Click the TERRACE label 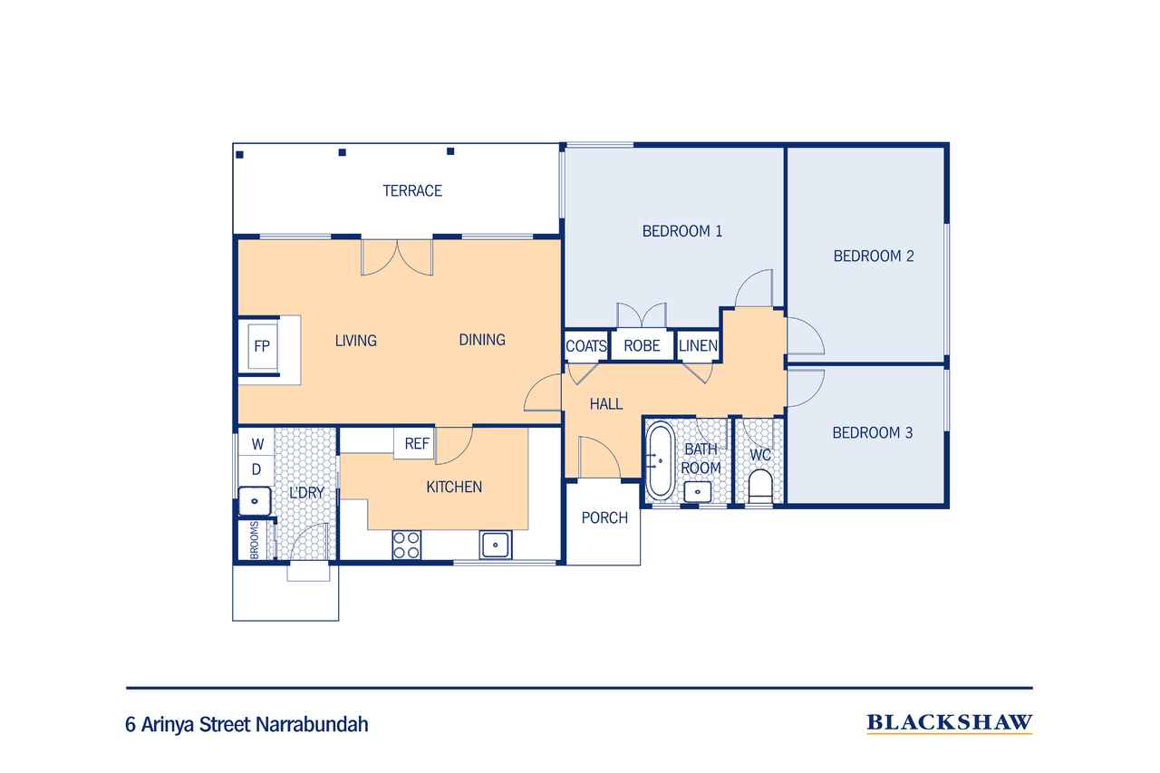[411, 190]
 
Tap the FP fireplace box [262, 345]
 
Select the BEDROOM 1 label [681, 231]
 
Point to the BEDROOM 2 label [873, 256]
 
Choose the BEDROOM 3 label [872, 433]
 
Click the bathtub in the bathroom [659, 459]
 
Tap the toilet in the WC [759, 488]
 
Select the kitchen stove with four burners [406, 544]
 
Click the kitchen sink [496, 545]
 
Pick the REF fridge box [416, 444]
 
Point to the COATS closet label [585, 346]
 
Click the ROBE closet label [642, 346]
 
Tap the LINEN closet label [698, 346]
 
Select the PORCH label [604, 518]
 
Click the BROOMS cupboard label [255, 540]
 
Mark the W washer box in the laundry [257, 444]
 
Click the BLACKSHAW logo [949, 722]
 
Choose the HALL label [605, 404]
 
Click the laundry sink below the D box [255, 499]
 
